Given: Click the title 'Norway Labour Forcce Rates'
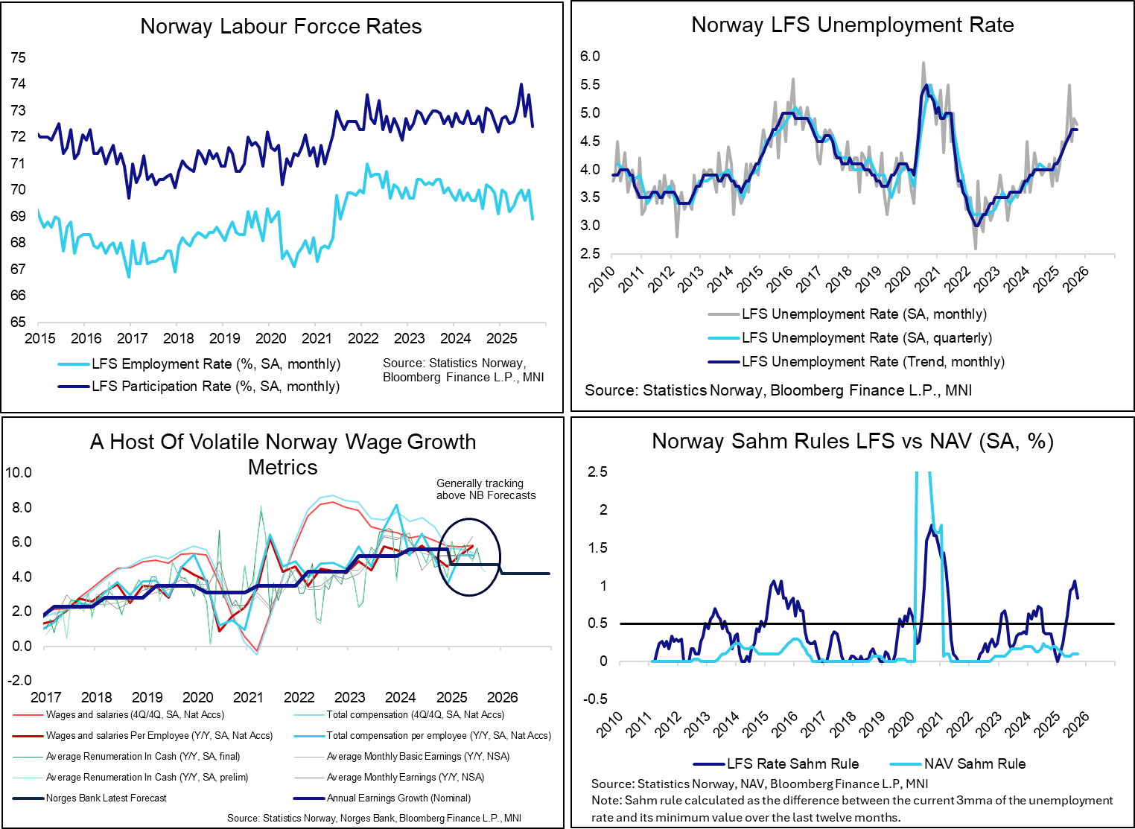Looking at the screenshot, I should [x=281, y=27].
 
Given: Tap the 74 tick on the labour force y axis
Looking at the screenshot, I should [x=18, y=84].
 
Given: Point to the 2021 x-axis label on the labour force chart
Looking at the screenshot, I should [x=317, y=339].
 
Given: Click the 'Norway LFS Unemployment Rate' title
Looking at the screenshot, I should [x=852, y=25].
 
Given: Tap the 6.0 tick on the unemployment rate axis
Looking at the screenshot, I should [x=590, y=57].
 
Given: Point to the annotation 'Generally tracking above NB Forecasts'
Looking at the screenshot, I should [x=486, y=489].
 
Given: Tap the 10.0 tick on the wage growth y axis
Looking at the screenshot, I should [x=19, y=473].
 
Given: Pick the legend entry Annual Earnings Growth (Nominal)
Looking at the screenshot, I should [x=398, y=798].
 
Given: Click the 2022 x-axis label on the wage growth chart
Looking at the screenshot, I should [x=299, y=698].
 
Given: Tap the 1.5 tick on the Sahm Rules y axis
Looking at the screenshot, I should [x=597, y=548].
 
